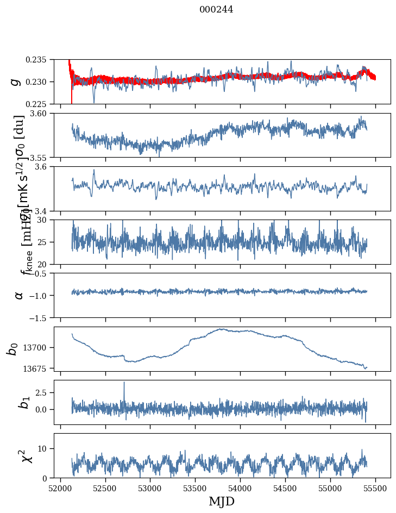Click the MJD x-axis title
click(x=222, y=501)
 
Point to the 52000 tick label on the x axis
click(x=60, y=487)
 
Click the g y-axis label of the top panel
click(x=15, y=82)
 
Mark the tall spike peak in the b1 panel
click(x=124, y=382)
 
